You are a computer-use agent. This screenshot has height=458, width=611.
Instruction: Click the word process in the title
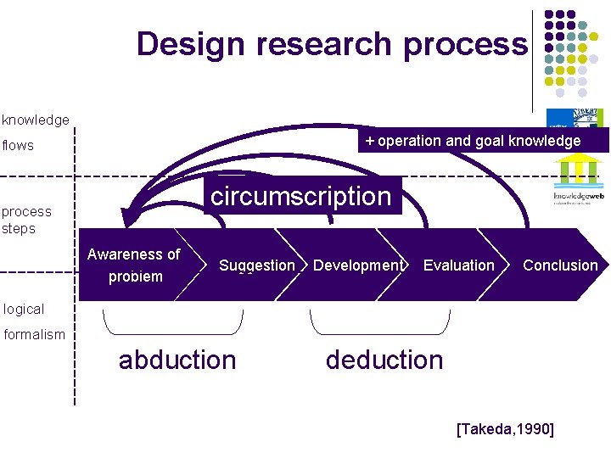pos(464,44)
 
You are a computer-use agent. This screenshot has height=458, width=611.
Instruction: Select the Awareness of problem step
pos(133,265)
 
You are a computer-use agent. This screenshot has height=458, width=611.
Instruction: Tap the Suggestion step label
pos(256,265)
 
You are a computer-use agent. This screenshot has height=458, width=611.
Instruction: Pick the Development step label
pos(357,265)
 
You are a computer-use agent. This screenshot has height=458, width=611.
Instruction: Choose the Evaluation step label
pos(458,265)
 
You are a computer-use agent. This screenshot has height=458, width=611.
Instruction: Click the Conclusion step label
pos(560,265)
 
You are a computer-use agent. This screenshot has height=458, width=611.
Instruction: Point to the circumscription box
pos(300,197)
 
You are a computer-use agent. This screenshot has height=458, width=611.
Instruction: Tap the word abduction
pos(177,360)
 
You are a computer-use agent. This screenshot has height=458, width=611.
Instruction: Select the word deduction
pos(384,360)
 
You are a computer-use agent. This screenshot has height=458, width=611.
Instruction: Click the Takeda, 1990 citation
pos(505,430)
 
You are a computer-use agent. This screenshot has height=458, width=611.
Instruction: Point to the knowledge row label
pos(36,120)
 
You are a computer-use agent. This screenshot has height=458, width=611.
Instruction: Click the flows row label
pos(18,145)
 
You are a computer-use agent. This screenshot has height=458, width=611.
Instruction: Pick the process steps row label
pos(26,220)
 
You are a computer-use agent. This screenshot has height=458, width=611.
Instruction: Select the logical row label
pos(23,309)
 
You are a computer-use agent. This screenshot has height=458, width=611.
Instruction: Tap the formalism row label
pos(34,334)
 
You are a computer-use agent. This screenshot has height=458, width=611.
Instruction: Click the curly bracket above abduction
pos(173,323)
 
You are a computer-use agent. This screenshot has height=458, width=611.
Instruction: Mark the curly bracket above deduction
pos(379,323)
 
